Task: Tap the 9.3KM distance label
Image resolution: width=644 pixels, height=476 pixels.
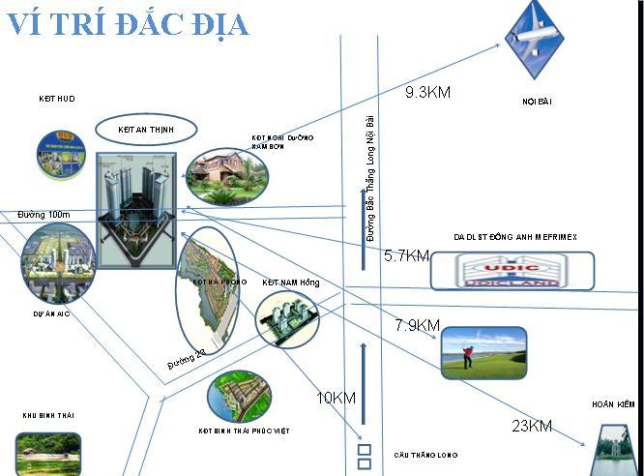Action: tap(428, 93)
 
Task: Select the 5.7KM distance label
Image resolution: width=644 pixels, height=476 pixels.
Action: tap(406, 256)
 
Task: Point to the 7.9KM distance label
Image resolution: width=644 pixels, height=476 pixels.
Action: tap(417, 325)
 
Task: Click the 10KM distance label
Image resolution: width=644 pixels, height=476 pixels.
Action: tap(337, 398)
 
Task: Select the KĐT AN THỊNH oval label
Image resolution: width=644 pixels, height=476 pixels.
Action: tap(145, 129)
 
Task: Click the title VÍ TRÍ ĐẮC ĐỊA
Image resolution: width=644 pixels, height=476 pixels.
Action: tap(128, 23)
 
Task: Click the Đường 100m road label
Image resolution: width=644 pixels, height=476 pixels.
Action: tap(44, 214)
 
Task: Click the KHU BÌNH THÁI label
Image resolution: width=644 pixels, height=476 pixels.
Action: tap(48, 415)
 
